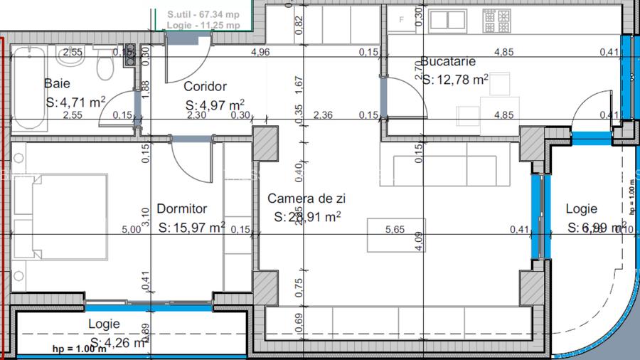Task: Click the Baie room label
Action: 57,83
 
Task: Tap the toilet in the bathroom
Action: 105,68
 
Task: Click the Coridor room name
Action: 205,87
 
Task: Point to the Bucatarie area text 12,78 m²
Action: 455,80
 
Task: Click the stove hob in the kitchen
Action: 493,21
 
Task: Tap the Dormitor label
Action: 181,209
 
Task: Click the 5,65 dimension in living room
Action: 395,229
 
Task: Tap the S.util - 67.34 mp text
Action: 203,14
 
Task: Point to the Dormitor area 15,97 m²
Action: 191,228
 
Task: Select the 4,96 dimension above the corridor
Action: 261,53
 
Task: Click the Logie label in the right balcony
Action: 581,209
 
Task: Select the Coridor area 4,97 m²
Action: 215,105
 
